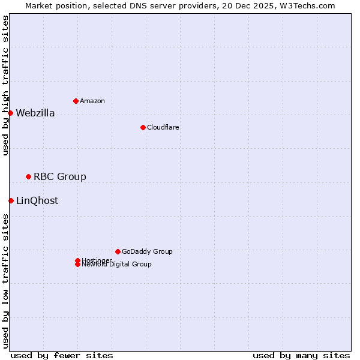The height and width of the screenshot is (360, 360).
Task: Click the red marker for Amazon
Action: (x=76, y=101)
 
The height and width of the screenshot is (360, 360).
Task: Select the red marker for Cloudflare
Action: (x=143, y=127)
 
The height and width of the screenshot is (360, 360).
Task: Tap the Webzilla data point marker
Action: (x=10, y=113)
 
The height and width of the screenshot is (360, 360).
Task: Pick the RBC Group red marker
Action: (x=28, y=176)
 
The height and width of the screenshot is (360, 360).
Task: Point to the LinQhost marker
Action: (x=11, y=200)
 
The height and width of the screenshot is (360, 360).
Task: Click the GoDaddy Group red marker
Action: (x=118, y=251)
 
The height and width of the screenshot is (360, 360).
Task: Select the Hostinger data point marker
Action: (x=77, y=260)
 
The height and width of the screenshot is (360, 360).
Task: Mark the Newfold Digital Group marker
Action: (x=77, y=265)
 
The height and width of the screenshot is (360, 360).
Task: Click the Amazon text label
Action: (x=92, y=101)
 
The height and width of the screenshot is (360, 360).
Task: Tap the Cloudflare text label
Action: (x=163, y=127)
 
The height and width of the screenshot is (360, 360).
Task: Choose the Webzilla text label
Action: (x=35, y=113)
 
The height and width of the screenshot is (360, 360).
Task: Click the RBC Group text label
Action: (x=60, y=176)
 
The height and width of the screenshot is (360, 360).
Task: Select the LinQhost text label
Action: (x=37, y=201)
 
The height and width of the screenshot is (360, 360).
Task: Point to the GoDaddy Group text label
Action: (x=147, y=251)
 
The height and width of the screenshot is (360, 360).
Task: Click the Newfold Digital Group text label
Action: (x=117, y=265)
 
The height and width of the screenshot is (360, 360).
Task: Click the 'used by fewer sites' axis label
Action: (x=62, y=355)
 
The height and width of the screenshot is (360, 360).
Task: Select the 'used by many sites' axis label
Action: (x=301, y=355)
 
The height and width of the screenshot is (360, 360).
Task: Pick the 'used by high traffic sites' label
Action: (x=5, y=85)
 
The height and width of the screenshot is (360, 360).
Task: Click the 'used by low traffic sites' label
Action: (x=5, y=280)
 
